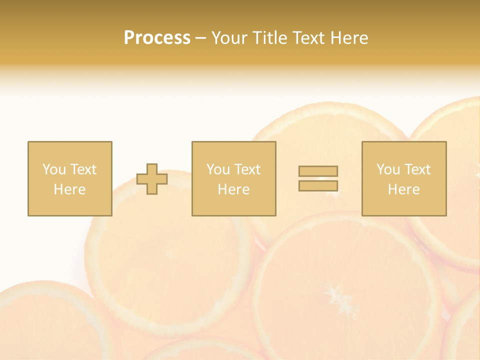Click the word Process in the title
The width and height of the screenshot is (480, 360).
pos(157,38)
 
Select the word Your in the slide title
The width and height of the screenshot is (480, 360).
pos(230,38)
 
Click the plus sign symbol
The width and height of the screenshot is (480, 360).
pos(152,179)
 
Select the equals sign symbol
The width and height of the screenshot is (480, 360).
pos(318,178)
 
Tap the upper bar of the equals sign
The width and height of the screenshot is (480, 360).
pos(318,171)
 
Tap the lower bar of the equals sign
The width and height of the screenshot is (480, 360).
pos(318,186)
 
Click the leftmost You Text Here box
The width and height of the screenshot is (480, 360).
pos(70,178)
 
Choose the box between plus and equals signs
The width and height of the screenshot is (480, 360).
pos(233,178)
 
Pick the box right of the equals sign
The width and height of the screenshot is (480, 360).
pos(404,178)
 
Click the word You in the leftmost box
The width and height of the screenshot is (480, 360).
pos(53,169)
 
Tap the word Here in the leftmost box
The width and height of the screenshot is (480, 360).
pos(69,189)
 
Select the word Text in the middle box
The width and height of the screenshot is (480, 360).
pos(246,169)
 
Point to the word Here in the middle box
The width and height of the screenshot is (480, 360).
pos(233,189)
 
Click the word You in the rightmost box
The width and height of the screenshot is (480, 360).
pos(388,169)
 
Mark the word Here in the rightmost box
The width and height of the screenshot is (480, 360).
pos(404,189)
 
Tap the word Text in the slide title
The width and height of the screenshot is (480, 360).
pos(306,38)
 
